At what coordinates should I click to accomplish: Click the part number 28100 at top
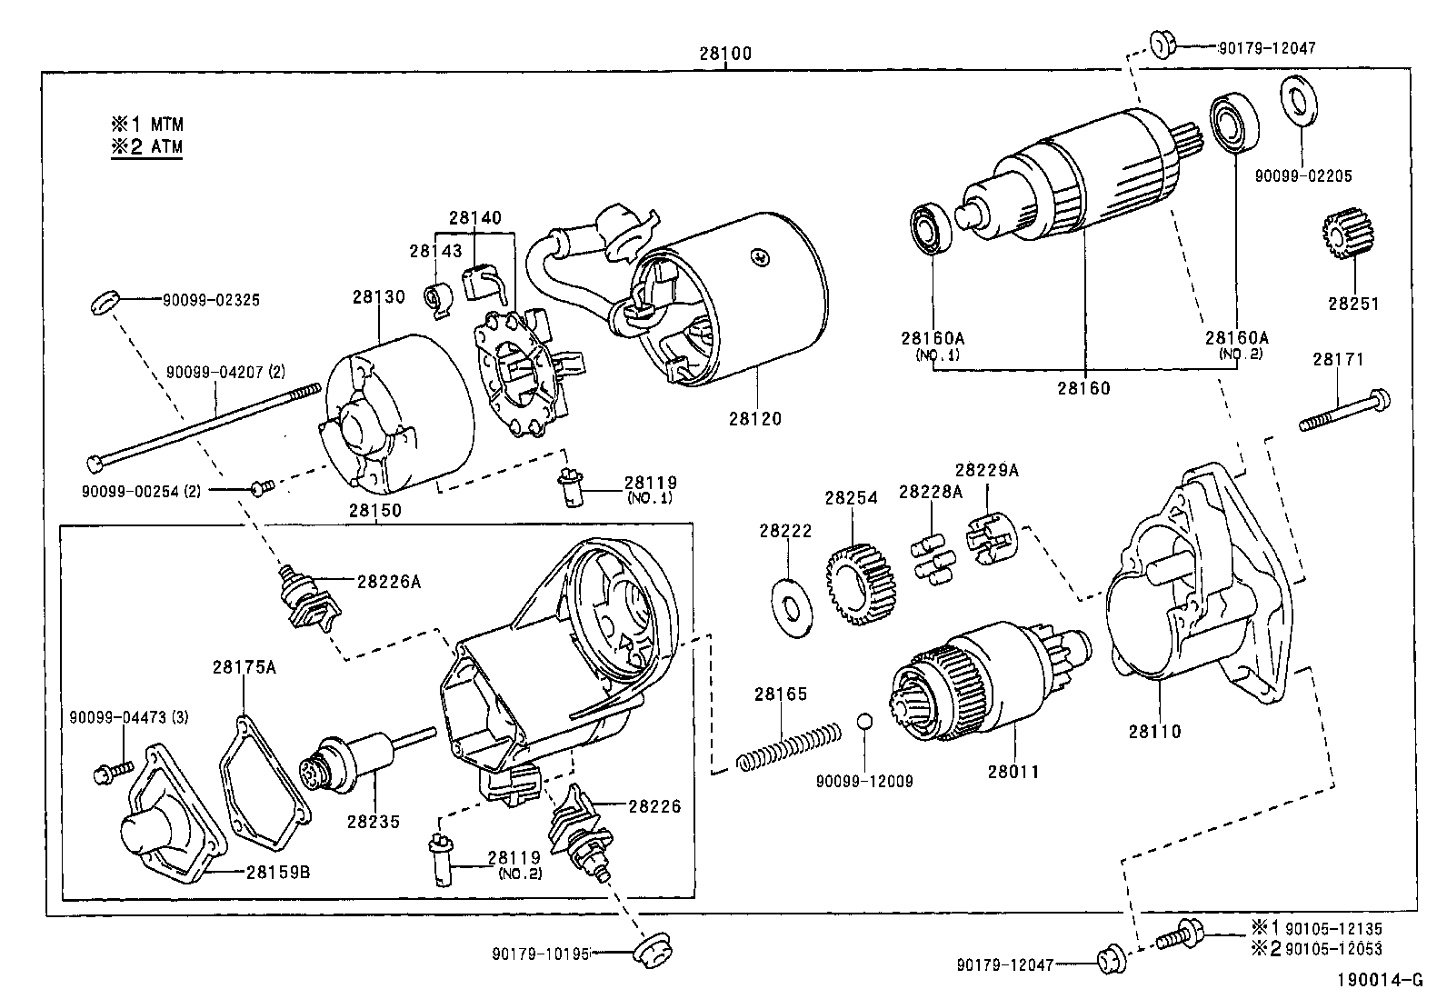point(725,53)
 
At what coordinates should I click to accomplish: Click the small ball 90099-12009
point(865,722)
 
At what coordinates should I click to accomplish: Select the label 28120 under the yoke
point(753,419)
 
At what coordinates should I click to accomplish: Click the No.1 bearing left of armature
point(931,228)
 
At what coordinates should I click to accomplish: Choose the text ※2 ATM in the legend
point(146,147)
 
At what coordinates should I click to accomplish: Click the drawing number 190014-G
point(1378,980)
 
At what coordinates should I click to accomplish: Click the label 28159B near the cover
point(278,872)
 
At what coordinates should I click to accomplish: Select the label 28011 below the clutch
point(1013,772)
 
